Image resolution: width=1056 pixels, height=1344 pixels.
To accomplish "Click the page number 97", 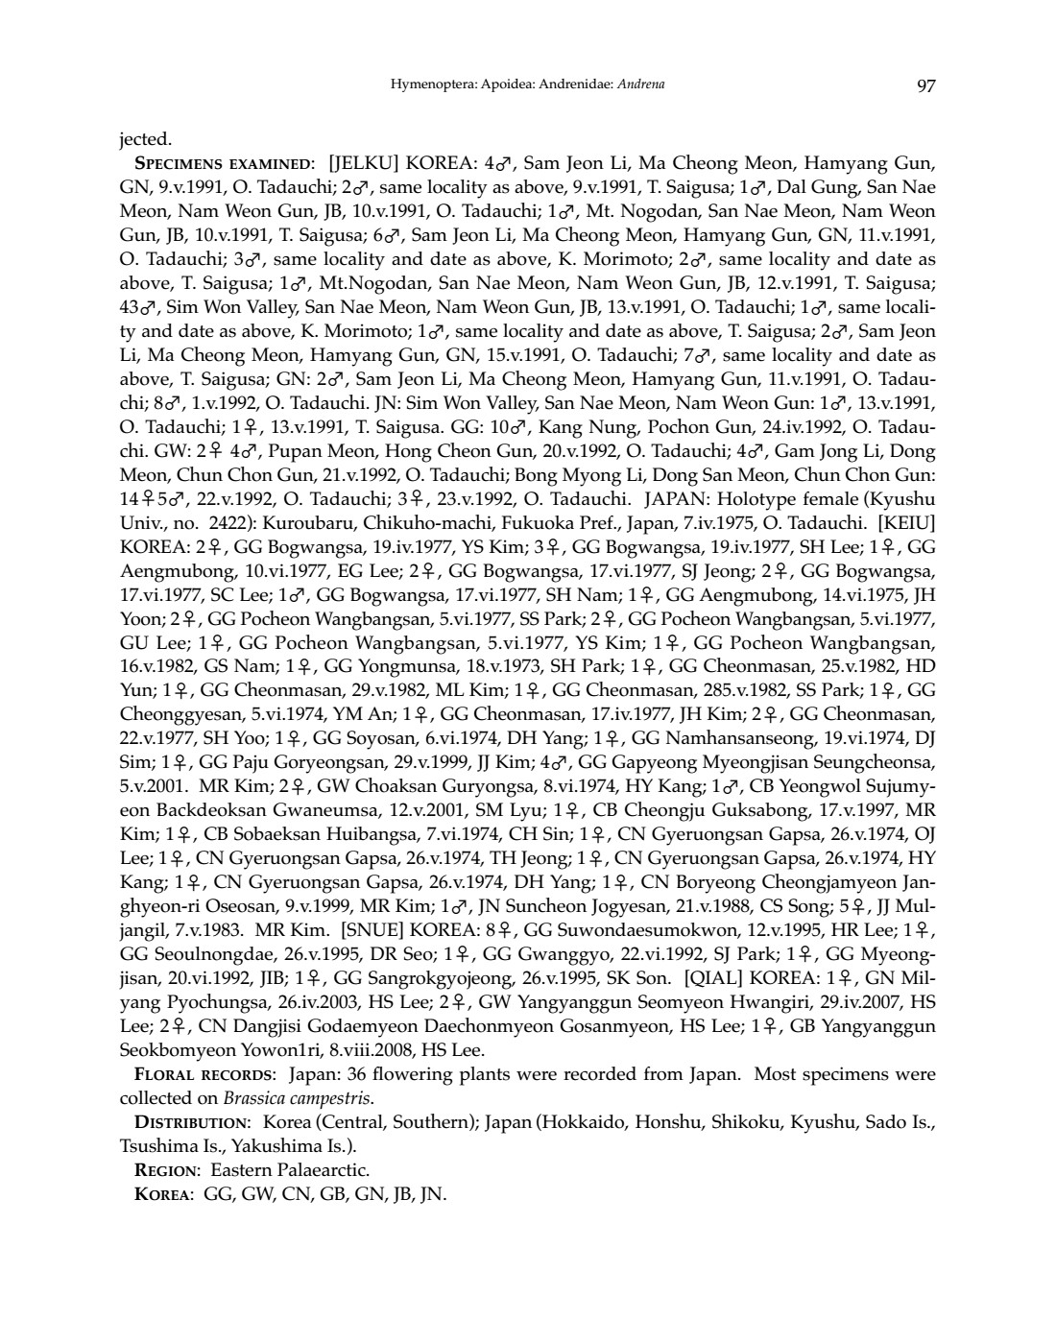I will [x=925, y=85].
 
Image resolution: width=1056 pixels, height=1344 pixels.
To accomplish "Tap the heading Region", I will [x=166, y=1169].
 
